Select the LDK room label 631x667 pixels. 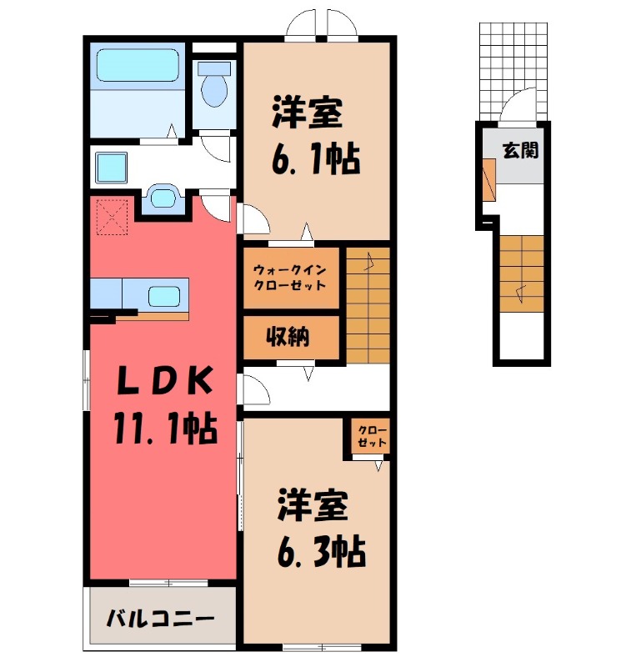[x=165, y=383]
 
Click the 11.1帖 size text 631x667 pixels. [x=165, y=430]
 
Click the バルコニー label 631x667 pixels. [x=161, y=619]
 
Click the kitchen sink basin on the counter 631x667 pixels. [x=163, y=296]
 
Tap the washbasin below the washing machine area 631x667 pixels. [x=163, y=199]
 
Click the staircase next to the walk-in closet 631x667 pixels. [x=368, y=304]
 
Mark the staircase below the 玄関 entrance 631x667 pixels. [x=523, y=275]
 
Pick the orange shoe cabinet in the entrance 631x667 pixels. [x=488, y=178]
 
